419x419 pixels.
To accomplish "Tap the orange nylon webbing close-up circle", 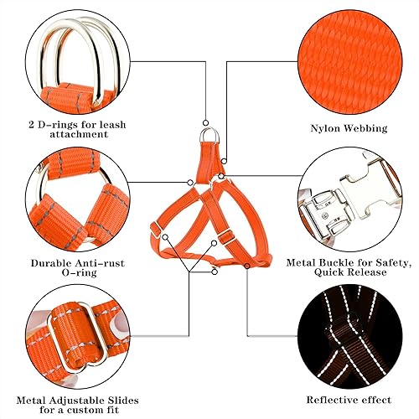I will click(x=345, y=58).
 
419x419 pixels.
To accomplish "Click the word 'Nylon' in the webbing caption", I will click(x=321, y=129).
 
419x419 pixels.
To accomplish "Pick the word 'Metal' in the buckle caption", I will click(x=300, y=261).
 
